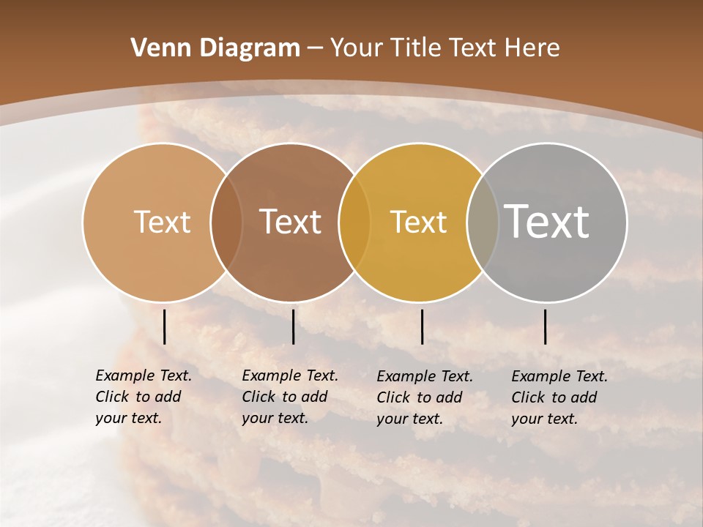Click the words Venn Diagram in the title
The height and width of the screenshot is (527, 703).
click(x=215, y=48)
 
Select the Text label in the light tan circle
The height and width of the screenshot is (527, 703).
click(x=162, y=222)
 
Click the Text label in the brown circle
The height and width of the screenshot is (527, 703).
click(x=291, y=222)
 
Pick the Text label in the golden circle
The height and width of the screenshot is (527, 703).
click(x=418, y=222)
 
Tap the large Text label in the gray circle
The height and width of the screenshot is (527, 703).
click(x=547, y=221)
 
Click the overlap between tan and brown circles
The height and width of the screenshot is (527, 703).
click(x=226, y=222)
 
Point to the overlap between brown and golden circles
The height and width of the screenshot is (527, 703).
click(x=354, y=222)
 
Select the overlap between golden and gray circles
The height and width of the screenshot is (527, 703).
click(x=483, y=222)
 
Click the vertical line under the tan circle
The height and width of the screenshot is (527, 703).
click(x=164, y=326)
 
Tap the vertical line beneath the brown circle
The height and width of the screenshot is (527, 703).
click(x=293, y=326)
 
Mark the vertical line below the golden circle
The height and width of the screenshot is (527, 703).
click(x=422, y=326)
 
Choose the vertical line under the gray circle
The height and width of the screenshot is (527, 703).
click(x=545, y=326)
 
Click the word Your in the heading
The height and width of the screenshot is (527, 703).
click(x=356, y=48)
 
